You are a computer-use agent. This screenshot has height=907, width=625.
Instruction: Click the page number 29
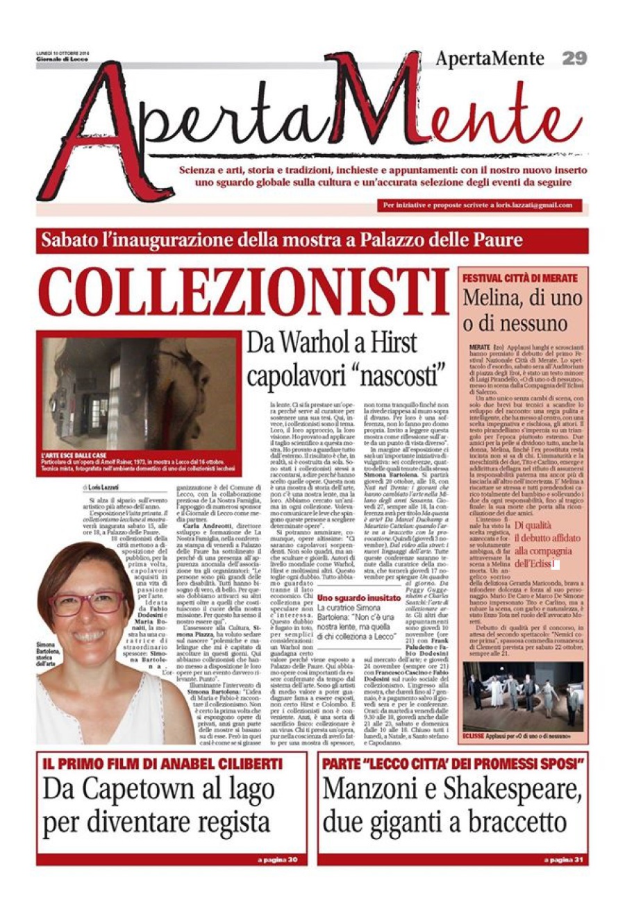575,58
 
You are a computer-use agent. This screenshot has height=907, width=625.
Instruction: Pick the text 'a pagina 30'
277,860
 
